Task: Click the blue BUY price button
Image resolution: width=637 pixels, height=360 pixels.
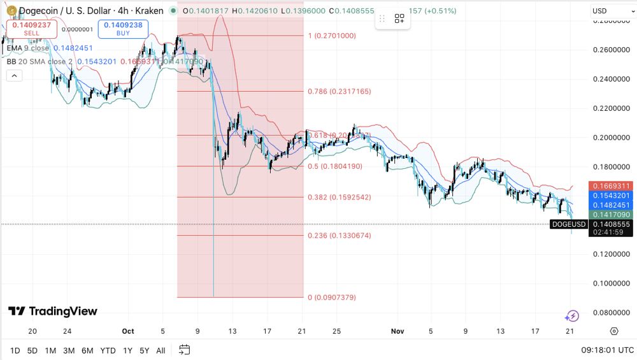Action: point(124,29)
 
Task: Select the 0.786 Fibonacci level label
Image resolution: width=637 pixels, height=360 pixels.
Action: point(339,92)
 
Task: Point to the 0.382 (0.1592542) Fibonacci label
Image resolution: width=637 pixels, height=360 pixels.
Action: point(339,198)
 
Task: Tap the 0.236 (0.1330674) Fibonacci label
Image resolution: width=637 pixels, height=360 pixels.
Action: point(339,236)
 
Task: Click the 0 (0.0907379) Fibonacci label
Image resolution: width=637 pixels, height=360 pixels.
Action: point(331,298)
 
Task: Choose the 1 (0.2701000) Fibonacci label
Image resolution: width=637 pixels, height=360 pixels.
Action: point(331,36)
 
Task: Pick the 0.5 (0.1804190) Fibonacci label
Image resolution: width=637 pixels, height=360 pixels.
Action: point(335,166)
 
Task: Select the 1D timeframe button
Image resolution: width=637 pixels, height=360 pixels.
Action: point(15,350)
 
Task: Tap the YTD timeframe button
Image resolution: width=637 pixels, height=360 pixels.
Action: point(108,350)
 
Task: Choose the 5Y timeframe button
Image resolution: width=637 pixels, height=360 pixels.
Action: point(145,350)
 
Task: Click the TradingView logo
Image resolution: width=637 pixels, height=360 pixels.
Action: point(53,311)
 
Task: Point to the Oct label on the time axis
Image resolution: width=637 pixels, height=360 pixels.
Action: point(128,331)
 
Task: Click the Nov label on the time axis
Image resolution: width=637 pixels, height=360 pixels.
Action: point(397,331)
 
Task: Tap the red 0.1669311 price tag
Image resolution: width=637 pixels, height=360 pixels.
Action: point(611,186)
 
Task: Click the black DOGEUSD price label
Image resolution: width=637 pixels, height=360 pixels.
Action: point(569,224)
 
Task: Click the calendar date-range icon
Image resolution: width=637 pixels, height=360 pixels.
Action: point(185,350)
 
